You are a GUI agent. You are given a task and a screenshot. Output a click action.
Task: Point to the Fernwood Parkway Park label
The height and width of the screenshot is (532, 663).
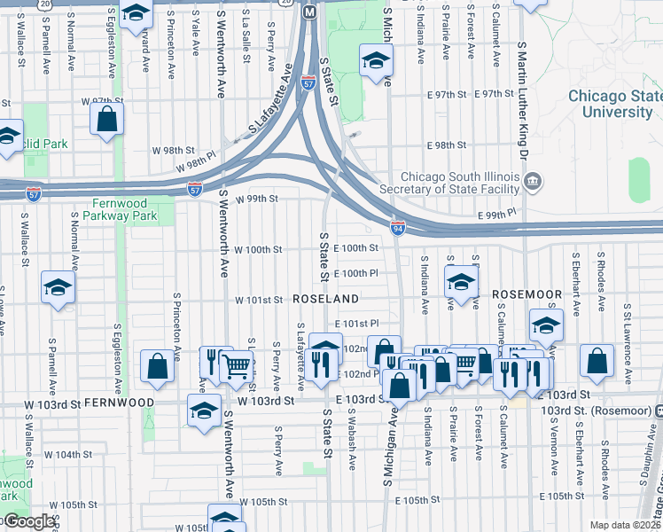pos(120,209)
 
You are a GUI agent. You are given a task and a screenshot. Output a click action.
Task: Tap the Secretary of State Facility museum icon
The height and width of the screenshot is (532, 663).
pos(533,183)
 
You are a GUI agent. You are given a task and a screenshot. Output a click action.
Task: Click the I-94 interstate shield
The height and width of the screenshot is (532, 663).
pos(399,228)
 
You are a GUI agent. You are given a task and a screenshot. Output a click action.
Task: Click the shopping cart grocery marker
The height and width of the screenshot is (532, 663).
pos(236,364)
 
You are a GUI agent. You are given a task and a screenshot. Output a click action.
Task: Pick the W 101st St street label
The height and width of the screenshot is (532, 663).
pos(258,301)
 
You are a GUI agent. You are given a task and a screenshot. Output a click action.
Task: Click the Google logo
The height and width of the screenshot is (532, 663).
pos(29,521)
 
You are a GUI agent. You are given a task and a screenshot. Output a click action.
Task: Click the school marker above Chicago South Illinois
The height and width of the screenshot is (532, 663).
pos(375,63)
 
